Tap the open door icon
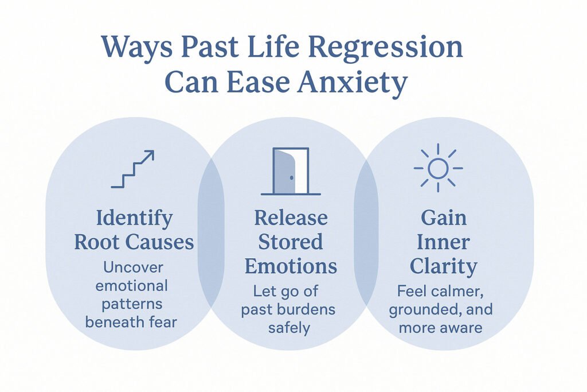tap(291, 171)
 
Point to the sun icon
tap(438, 168)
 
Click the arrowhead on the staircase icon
tap(150, 154)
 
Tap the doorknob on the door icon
tap(291, 178)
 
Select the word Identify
tap(134, 219)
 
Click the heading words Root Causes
tap(134, 242)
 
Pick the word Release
tap(291, 219)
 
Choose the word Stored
tap(291, 242)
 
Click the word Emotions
tap(291, 266)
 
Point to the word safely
tap(289, 328)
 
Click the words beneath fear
tap(131, 322)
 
